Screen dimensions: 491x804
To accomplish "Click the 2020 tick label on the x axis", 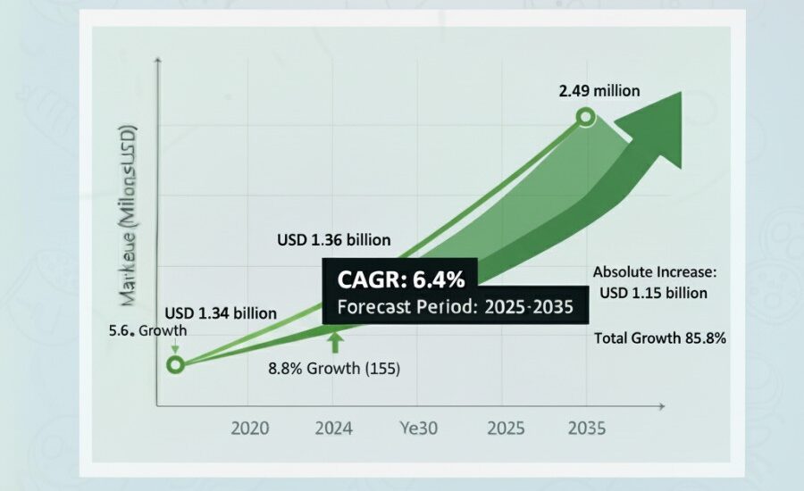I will [250, 428].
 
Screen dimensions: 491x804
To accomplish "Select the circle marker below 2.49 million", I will [585, 116].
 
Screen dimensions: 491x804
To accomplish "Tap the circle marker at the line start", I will [175, 364].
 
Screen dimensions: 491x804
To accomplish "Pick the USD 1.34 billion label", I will [221, 312].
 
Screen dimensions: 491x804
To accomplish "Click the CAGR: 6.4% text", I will [401, 279].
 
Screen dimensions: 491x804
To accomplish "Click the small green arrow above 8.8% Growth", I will [335, 341].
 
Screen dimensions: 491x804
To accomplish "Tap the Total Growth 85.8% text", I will [660, 338].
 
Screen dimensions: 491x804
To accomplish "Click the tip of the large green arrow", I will [682, 93].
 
